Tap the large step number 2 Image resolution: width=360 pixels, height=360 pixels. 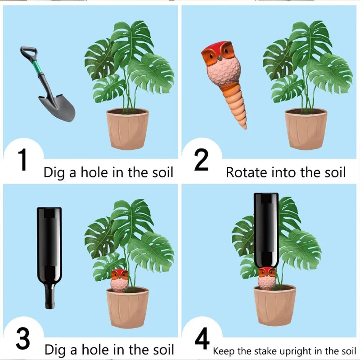click(201, 160)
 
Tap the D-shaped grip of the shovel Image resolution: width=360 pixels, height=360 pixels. click(27, 53)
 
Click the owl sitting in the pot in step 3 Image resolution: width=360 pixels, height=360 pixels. click(119, 280)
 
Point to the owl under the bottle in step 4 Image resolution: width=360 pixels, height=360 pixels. click(267, 278)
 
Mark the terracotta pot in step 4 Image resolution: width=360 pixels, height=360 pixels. click(274, 306)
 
